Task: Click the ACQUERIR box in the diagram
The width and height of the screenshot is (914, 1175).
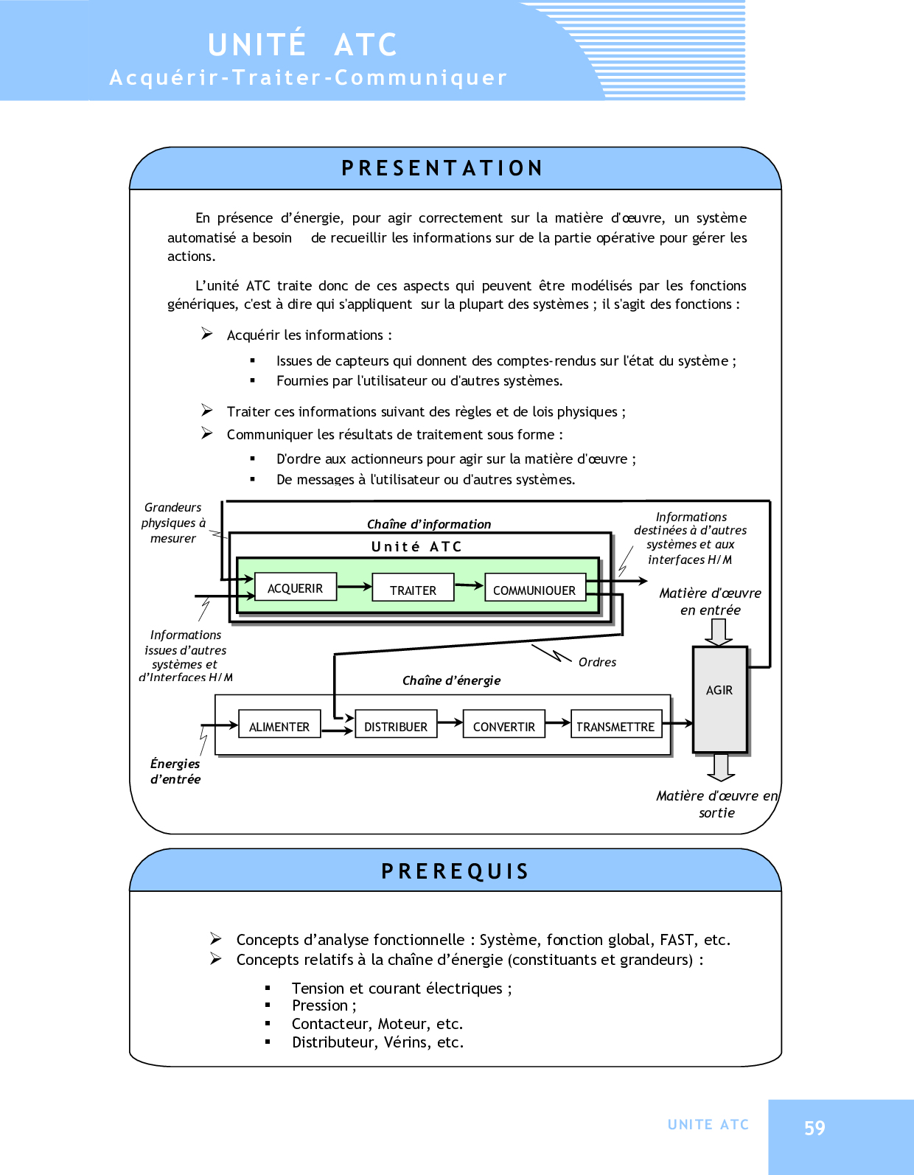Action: point(295,587)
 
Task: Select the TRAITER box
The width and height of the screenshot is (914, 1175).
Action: point(413,588)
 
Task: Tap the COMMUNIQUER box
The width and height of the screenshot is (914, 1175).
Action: point(534,588)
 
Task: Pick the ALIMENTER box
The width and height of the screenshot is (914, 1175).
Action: point(279,725)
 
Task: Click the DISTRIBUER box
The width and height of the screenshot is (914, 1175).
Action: point(396,725)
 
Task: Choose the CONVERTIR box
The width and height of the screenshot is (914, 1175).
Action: point(504,725)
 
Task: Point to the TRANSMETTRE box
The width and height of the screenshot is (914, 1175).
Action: point(615,725)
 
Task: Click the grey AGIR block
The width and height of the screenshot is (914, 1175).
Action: point(719,699)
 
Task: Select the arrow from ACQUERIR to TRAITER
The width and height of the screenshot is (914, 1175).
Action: point(355,587)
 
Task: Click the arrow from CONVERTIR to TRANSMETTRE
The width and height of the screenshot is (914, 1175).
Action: point(558,723)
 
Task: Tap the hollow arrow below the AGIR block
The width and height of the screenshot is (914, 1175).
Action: point(721,767)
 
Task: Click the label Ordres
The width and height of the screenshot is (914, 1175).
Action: point(597,662)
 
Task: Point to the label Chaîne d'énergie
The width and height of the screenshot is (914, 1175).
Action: point(451,680)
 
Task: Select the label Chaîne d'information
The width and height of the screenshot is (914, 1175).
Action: point(429,524)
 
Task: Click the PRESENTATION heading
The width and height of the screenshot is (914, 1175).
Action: point(442,168)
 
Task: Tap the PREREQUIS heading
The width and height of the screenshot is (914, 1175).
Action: point(455,871)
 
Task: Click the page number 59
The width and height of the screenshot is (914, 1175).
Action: point(814,1128)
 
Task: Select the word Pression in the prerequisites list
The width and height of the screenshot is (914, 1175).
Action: point(320,1005)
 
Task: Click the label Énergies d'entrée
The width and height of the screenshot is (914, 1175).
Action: point(175,771)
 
